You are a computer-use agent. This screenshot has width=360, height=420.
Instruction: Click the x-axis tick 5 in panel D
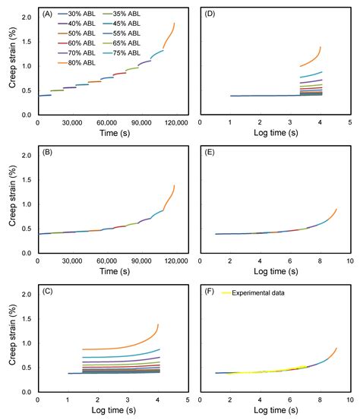[349, 122]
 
